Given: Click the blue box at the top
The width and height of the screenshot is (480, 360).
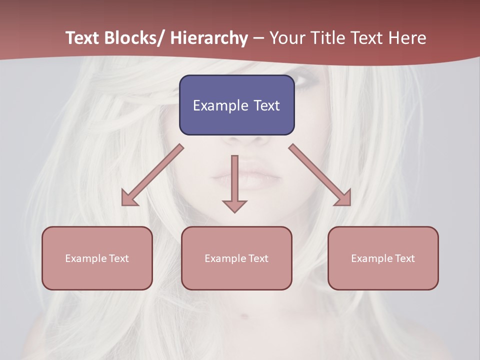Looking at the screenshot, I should pos(236,105).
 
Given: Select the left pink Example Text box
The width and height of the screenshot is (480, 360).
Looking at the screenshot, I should pos(97,258).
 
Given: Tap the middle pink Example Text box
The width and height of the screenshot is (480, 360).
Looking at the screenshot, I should pos(236,258).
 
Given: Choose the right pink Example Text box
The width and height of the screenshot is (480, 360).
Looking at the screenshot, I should pos(383,258).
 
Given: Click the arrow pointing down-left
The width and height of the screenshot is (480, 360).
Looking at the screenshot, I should pos(152,175).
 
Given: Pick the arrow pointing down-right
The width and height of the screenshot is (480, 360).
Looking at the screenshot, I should pos(320,175).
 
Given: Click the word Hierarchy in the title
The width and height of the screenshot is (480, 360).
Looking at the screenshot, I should pos(209,38).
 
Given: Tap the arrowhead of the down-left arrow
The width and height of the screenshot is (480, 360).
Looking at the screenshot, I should pos(129,198).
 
